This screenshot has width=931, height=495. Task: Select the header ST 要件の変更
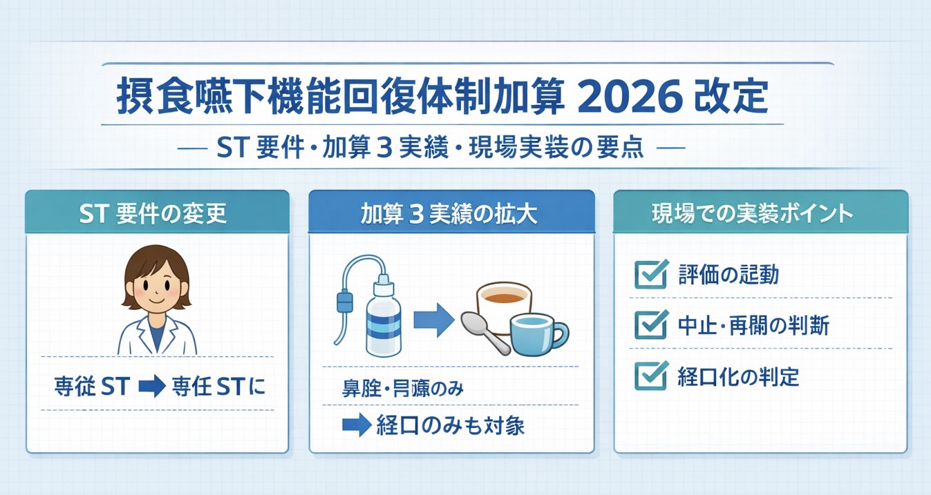click(157, 213)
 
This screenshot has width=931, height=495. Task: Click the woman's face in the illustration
click(156, 291)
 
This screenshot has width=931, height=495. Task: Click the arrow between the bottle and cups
click(432, 322)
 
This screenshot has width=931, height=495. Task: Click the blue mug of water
click(535, 334)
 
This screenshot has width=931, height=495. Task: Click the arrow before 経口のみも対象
click(357, 425)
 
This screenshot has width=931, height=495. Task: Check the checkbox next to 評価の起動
click(650, 274)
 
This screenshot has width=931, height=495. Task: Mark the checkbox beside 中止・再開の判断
click(650, 324)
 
